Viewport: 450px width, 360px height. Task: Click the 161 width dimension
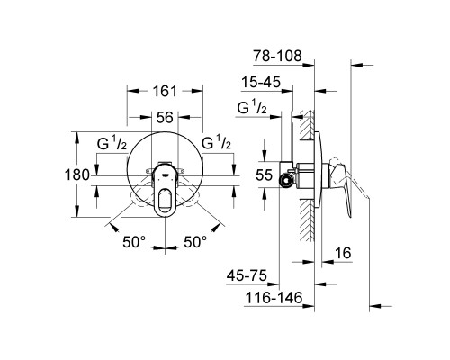tap(165, 92)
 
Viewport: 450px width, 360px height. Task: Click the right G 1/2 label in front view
tap(219, 142)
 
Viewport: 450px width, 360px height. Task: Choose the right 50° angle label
tap(196, 241)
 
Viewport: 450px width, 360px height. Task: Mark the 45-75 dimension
tap(247, 276)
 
